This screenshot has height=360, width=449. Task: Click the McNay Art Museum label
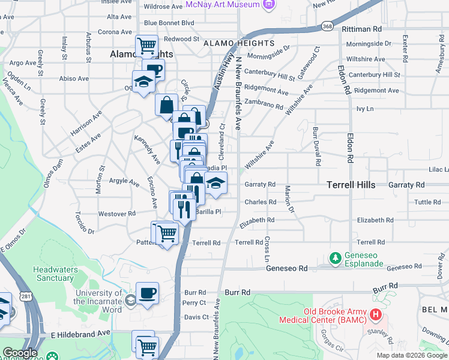(223, 4)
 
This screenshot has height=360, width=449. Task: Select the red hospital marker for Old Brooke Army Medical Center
(375, 314)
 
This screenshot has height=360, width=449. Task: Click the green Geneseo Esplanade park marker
(336, 258)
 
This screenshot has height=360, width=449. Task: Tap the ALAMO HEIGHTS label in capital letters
(238, 44)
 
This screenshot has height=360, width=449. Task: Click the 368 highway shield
(327, 26)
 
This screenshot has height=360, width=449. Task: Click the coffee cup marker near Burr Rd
(147, 293)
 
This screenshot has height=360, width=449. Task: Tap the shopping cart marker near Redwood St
(146, 45)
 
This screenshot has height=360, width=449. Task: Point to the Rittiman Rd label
(361, 28)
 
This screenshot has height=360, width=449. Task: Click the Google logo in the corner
(20, 353)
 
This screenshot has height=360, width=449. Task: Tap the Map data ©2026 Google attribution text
(411, 355)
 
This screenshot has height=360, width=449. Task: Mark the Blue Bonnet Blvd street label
(169, 23)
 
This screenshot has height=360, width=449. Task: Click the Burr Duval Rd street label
(316, 146)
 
